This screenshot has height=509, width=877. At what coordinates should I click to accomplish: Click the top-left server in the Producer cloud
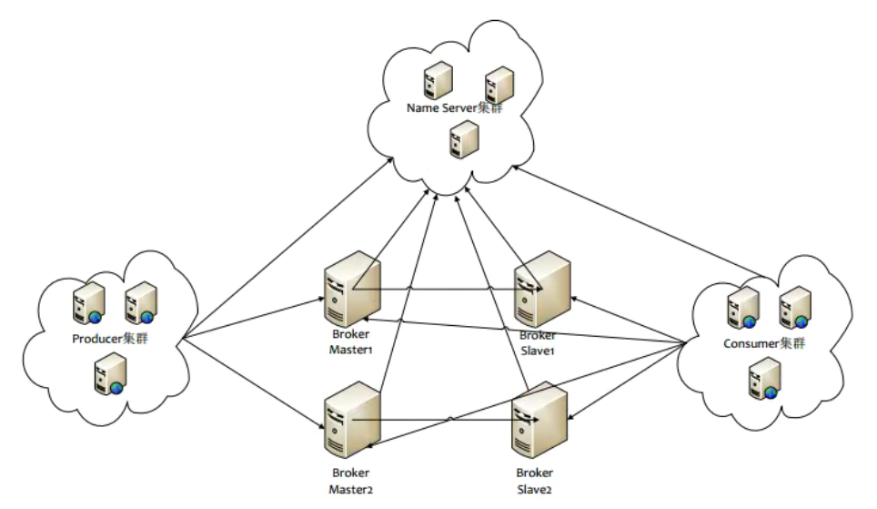[x=85, y=303]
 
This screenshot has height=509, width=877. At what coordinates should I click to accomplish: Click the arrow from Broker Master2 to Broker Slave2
[x=446, y=421]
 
